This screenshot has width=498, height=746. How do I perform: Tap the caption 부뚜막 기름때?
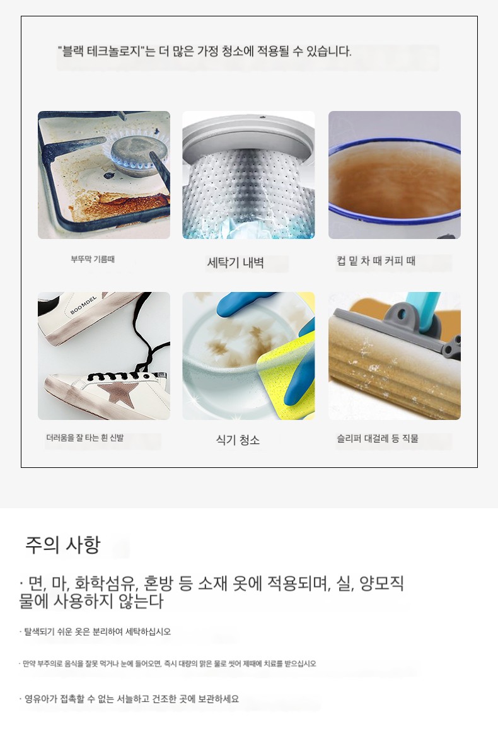coord(93,259)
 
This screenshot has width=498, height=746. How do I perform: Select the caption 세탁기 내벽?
coord(235,262)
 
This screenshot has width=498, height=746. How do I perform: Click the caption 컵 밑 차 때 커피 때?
coord(376,260)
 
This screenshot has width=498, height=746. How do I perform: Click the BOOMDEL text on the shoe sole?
coord(83,305)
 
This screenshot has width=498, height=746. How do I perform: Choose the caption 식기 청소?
coord(238,440)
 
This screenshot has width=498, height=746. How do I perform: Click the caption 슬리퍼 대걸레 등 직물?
coord(378,438)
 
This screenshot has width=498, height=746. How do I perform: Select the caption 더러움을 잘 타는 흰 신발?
coord(84,438)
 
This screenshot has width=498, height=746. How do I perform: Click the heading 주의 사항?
coord(63,545)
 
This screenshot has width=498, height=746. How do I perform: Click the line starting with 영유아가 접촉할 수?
coord(129,699)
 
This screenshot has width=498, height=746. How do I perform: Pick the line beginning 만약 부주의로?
coord(168,663)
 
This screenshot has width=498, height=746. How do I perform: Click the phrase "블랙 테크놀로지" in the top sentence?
coord(100,51)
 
